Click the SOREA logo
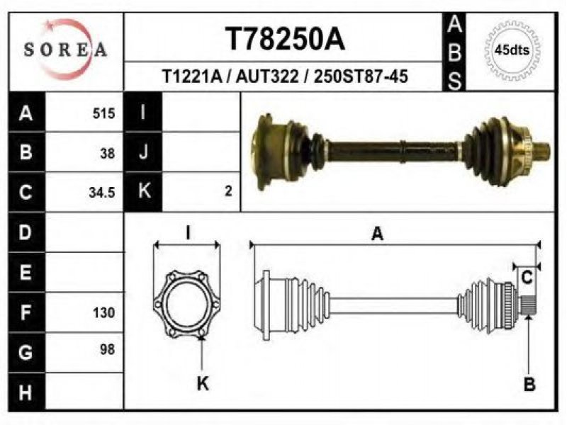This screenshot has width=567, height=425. click(x=65, y=50)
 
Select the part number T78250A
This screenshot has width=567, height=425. click(x=286, y=39)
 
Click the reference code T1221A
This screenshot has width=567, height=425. click(x=191, y=76)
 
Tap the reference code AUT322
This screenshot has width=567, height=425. click(x=268, y=76)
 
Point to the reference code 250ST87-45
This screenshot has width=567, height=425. click(x=361, y=76)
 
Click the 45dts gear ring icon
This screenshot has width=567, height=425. click(x=512, y=50)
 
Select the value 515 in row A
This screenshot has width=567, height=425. click(x=103, y=113)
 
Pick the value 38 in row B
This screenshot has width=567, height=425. click(x=108, y=154)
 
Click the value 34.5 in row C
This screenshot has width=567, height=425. click(x=102, y=193)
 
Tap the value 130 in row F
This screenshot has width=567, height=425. click(x=103, y=312)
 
